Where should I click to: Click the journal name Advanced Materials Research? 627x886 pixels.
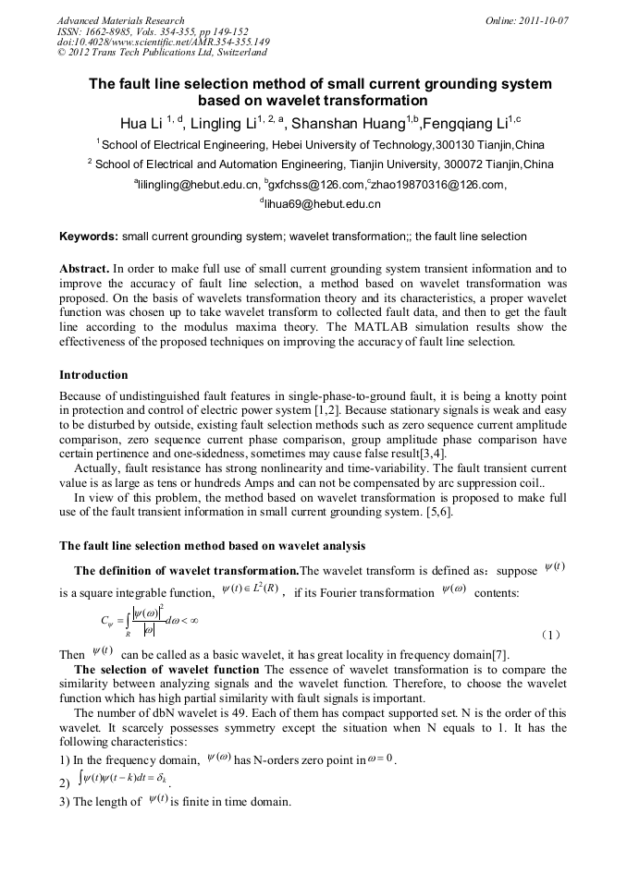pyautogui.click(x=120, y=20)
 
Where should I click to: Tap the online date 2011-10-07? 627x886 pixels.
pyautogui.click(x=527, y=20)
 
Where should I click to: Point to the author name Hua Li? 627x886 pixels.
pyautogui.click(x=140, y=124)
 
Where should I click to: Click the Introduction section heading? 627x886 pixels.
pyautogui.click(x=93, y=375)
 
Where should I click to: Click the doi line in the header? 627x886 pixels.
pyautogui.click(x=163, y=42)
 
